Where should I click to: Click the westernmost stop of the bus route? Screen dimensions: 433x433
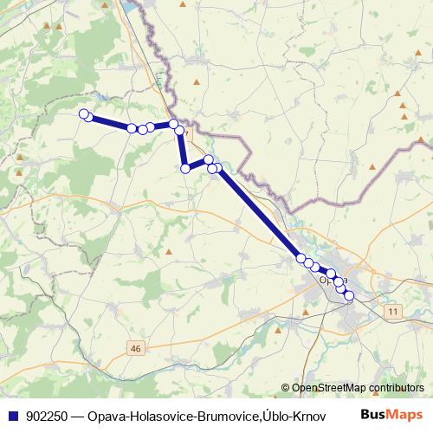(x=84, y=114)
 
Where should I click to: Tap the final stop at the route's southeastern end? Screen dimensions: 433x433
(x=349, y=296)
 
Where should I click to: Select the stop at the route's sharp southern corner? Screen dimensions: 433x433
(x=184, y=168)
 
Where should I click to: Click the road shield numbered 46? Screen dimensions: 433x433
(x=135, y=347)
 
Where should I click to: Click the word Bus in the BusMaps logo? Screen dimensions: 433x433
(x=375, y=416)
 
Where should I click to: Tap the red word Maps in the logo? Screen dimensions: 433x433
(x=407, y=416)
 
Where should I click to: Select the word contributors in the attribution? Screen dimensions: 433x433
(x=395, y=388)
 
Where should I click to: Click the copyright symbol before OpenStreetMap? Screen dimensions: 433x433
(x=285, y=388)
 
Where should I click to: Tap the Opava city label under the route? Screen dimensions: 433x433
(x=333, y=281)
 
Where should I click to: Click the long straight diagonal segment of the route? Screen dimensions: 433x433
(x=260, y=213)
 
